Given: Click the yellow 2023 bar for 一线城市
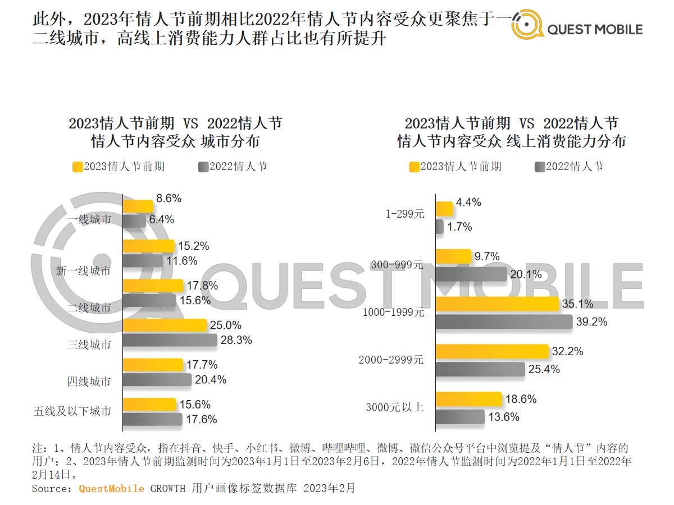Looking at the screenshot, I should (138, 206).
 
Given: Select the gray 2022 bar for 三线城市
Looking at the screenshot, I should (170, 340).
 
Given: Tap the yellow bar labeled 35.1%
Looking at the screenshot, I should (497, 304).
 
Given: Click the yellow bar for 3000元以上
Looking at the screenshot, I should (468, 399).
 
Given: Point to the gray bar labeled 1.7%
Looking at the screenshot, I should (439, 227).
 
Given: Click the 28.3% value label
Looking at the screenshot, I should (238, 340).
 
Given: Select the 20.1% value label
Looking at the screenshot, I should (527, 274).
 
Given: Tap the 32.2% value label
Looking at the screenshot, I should (568, 352).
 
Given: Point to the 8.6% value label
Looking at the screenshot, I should (169, 198).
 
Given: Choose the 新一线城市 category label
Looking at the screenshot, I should (84, 271).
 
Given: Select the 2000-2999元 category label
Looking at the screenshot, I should (391, 360).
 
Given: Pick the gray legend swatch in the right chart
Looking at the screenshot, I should (540, 167).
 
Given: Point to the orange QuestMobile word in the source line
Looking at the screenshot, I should (111, 488).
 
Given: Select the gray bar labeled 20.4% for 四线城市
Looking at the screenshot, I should (157, 380).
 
